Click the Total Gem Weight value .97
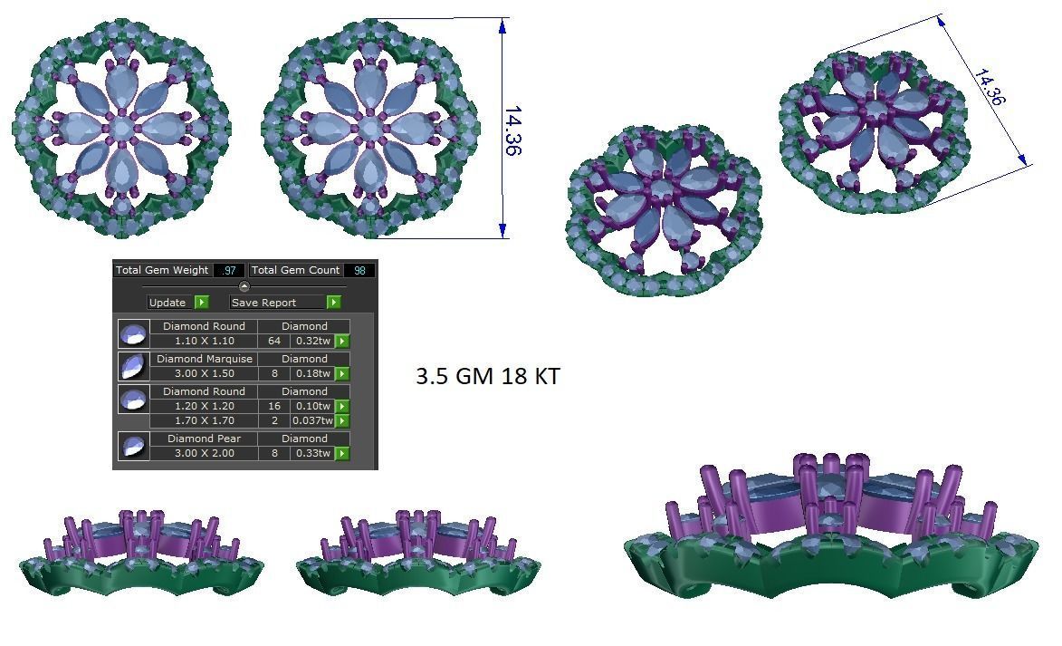[x=228, y=270]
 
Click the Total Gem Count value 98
[x=359, y=270]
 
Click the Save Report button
[x=276, y=303]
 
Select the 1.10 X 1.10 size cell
[x=204, y=342]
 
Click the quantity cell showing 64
[x=274, y=342]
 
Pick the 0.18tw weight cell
[x=312, y=373]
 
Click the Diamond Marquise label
[x=204, y=359]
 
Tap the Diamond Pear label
[x=204, y=439]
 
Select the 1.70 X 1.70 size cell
[x=204, y=420]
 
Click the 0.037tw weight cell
[x=312, y=420]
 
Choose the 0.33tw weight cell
[x=312, y=453]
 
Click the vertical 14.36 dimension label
[x=512, y=130]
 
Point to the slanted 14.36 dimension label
[x=990, y=87]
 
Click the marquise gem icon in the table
[x=134, y=366]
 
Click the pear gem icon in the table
[x=134, y=447]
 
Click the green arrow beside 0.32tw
[x=342, y=342]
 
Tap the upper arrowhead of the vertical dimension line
[x=502, y=24]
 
